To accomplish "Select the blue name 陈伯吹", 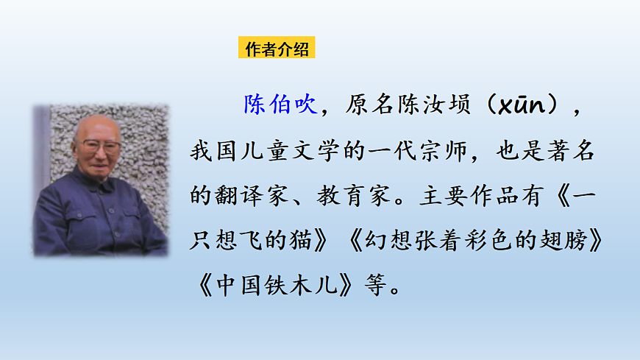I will [280, 104].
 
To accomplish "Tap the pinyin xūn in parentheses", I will [519, 106].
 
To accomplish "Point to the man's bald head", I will [96, 126].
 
